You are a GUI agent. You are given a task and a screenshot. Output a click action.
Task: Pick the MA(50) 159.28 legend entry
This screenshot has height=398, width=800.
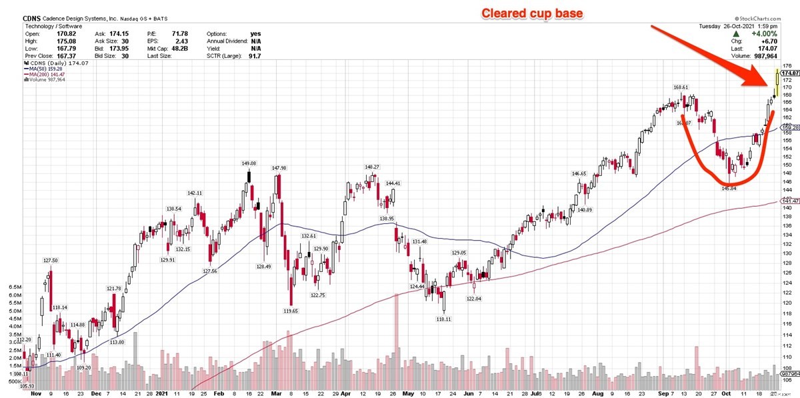[x=47, y=68]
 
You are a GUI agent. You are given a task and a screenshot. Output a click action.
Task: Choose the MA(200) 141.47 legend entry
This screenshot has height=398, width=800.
[x=49, y=74]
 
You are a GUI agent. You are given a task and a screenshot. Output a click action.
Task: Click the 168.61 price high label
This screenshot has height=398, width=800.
[x=680, y=87]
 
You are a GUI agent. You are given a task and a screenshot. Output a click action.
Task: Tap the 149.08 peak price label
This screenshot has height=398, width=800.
[x=249, y=163]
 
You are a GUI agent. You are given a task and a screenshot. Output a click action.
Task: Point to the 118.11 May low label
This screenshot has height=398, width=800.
[x=443, y=319]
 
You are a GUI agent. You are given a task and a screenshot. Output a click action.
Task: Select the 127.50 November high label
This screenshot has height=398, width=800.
[x=49, y=261]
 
